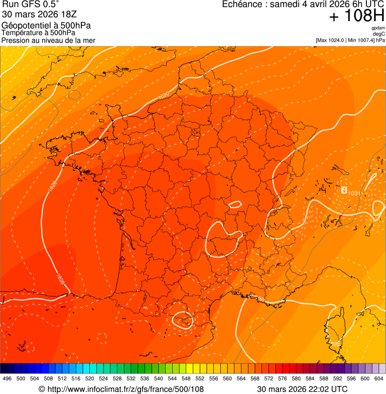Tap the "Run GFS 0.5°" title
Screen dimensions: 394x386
coord(30,5)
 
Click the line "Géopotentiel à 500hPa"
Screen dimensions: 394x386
coord(46,26)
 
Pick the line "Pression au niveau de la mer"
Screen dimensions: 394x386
coord(48,40)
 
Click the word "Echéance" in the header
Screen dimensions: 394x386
coord(243,5)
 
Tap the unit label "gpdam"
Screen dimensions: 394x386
coord(378,28)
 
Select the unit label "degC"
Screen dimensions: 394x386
coord(379,34)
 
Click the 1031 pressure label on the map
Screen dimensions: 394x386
coord(353,193)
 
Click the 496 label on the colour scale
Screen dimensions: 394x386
coord(7,378)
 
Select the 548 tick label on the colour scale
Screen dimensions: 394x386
coord(186,378)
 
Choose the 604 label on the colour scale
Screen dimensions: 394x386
coord(379,378)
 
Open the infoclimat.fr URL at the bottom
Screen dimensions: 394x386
coord(121,389)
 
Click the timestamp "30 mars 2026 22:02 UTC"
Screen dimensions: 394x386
coord(302,389)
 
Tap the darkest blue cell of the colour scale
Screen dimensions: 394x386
coord(4,368)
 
